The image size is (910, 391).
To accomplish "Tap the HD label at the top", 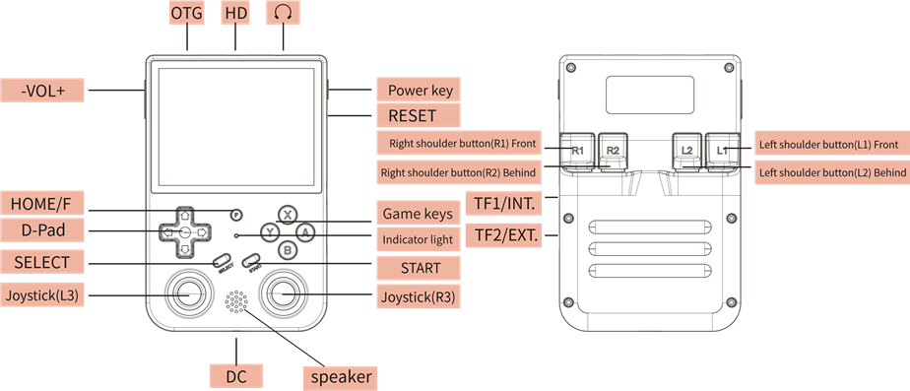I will (x=235, y=14).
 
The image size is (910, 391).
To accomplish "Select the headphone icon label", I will (x=284, y=14).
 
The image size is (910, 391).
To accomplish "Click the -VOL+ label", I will (x=42, y=91).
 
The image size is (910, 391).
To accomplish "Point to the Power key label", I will (x=420, y=91).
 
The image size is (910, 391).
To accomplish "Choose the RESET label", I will (x=412, y=116).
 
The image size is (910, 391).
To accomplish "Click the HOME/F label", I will (x=42, y=203).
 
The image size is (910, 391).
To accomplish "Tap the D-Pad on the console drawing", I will (x=184, y=230).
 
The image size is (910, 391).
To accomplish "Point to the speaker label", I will (x=340, y=376).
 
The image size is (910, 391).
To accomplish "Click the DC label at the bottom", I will (x=236, y=376).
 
